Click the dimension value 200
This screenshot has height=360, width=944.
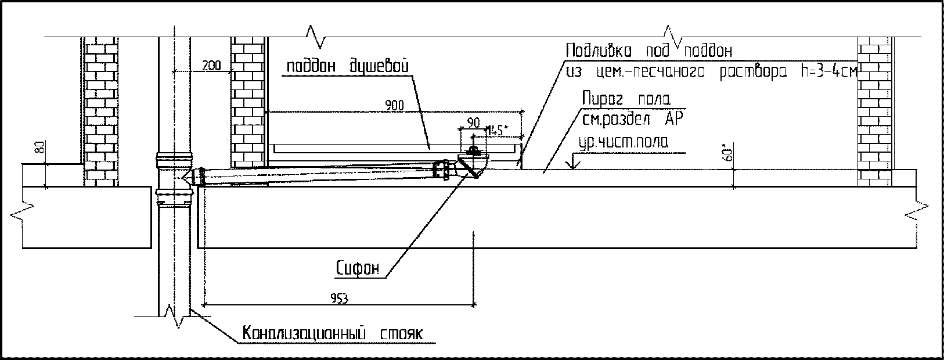tap(212, 66)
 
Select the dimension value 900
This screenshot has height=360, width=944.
tap(395, 106)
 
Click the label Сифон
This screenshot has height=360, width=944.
tap(357, 268)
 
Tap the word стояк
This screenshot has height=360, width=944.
tap(402, 334)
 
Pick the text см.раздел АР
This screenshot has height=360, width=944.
tap(633, 120)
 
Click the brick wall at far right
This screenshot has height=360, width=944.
tap(875, 110)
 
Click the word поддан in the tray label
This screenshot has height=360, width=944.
tap(311, 67)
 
